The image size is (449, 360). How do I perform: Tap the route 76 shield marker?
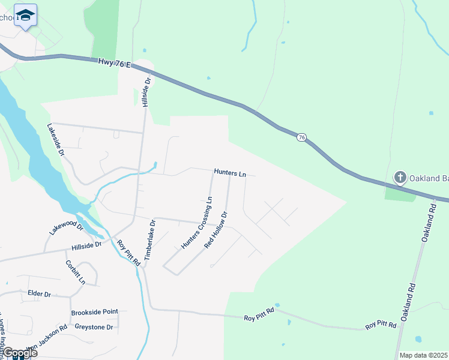302,138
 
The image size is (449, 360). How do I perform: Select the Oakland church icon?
400,178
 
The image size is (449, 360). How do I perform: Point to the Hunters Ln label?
230,173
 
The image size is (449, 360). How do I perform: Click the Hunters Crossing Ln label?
197,223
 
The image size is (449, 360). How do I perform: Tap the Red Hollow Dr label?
216,230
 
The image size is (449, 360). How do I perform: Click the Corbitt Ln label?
76,272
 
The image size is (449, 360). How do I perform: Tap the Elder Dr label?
39,293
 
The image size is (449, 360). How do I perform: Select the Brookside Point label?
94,313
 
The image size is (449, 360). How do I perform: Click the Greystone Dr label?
94,327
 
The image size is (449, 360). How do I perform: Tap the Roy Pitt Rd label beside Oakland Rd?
381,325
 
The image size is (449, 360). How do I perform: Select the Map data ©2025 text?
424,355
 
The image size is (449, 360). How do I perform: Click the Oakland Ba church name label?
429,178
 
